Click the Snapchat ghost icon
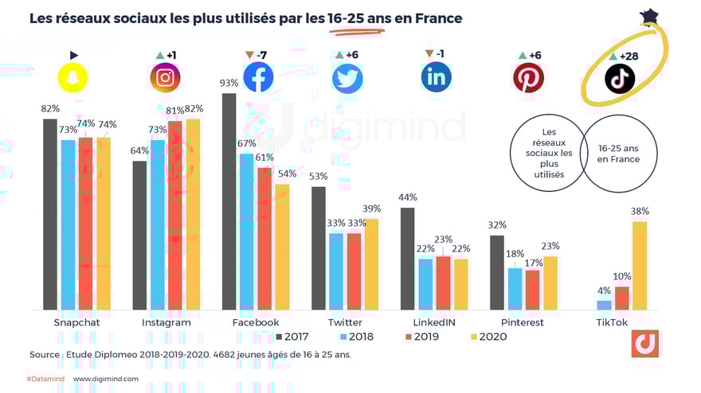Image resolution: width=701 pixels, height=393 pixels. tap(74, 77)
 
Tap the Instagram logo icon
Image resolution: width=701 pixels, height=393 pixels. tap(165, 77)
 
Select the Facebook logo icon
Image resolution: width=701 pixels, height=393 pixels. tap(257, 77)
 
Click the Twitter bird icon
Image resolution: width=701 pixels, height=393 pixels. tap(347, 78)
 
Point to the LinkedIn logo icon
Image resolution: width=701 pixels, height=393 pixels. tap(436, 76)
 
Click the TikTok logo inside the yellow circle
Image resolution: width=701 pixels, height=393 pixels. tap(619, 78)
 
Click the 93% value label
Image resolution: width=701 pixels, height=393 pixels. tap(229, 84)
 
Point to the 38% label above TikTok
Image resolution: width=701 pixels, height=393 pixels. tap(640, 212)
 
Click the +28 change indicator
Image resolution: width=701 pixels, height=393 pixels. tap(626, 56)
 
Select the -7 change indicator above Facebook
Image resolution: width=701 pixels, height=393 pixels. tap(257, 55)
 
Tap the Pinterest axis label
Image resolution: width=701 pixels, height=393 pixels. tap(523, 322)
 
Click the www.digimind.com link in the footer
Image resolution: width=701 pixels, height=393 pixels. tap(106, 379)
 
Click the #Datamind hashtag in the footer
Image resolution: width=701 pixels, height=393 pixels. tap(44, 379)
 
